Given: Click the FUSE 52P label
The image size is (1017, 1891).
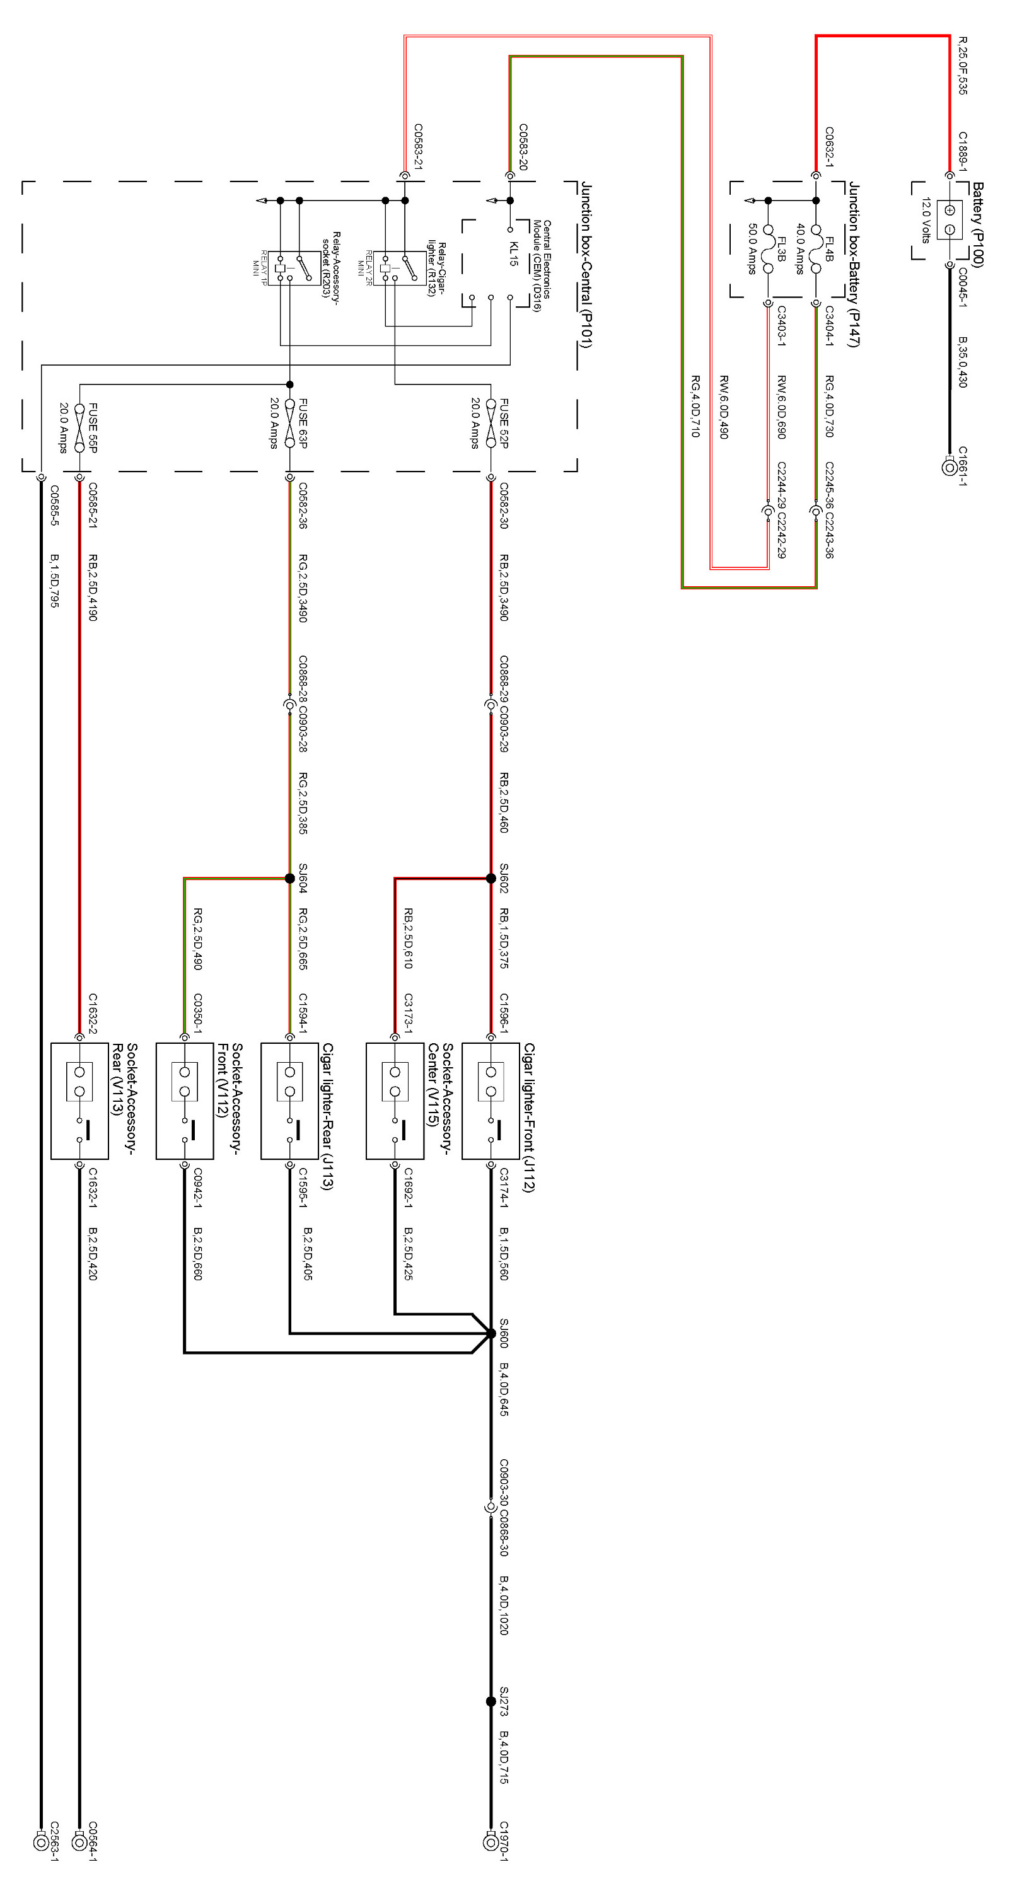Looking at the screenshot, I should (x=504, y=424).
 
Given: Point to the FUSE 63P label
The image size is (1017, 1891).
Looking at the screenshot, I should (x=303, y=424).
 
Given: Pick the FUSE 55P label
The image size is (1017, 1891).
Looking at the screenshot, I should (x=93, y=427).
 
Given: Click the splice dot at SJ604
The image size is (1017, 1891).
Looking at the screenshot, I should (x=289, y=878).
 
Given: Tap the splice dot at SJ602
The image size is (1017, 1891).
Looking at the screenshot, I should (x=491, y=878).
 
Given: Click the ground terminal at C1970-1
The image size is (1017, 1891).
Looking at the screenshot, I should (x=491, y=1841).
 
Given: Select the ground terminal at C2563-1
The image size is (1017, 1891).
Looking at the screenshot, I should (x=41, y=1841).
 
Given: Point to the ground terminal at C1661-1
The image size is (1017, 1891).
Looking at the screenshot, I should (x=950, y=467).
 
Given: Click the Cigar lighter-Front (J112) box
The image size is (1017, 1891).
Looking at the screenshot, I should (x=491, y=1101).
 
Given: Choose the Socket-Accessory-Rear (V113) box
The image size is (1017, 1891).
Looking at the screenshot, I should (x=79, y=1101).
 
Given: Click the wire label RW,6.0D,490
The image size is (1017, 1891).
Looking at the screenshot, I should (x=723, y=407).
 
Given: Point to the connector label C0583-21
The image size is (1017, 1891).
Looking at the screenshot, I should (x=418, y=147).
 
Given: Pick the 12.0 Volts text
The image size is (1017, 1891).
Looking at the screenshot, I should (x=926, y=220).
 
